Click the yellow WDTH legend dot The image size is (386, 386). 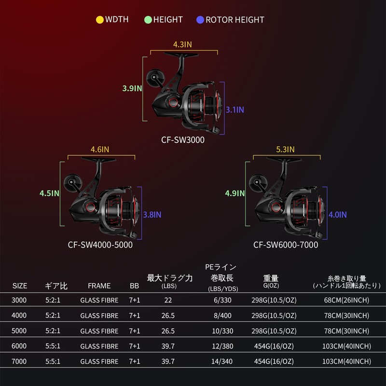(x=100, y=20)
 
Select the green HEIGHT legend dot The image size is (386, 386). (x=148, y=20)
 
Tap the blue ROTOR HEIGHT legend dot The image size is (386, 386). (x=200, y=20)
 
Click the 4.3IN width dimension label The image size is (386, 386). (x=182, y=44)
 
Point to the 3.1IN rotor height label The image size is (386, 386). (x=235, y=110)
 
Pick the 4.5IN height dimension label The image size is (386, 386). (x=50, y=193)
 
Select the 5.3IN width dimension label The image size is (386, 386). (x=285, y=150)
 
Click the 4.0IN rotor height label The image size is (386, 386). (x=338, y=215)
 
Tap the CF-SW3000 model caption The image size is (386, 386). (x=183, y=140)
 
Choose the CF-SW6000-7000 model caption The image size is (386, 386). (x=286, y=245)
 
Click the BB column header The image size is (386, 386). (x=135, y=286)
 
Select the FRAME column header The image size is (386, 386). (x=99, y=286)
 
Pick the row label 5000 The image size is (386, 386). (x=19, y=331)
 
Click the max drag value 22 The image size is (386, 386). (x=168, y=300)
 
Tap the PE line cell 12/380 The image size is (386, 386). (x=222, y=346)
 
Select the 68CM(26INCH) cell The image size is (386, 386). (x=346, y=300)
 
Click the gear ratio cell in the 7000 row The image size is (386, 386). (x=53, y=361)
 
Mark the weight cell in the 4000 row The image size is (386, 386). (x=274, y=316)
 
